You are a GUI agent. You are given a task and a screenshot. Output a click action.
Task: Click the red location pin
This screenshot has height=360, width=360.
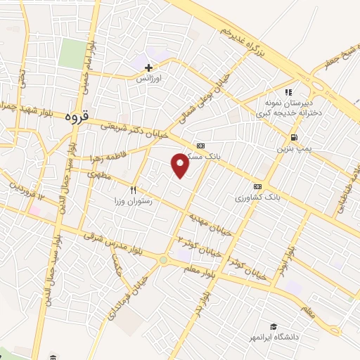click(180, 165)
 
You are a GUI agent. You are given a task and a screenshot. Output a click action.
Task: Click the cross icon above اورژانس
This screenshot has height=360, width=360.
click(148, 68)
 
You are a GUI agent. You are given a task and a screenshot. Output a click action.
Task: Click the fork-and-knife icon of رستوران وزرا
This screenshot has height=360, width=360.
click(133, 189)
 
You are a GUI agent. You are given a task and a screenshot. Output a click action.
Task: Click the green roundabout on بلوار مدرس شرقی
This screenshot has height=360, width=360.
click(163, 260)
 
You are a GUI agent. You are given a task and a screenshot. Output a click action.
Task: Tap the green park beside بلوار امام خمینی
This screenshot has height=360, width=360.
click(71, 54)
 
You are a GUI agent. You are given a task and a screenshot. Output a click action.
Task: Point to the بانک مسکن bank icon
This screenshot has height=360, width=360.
click(201, 137)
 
